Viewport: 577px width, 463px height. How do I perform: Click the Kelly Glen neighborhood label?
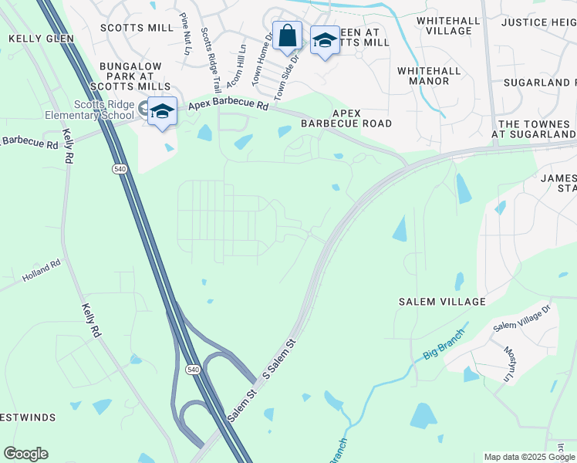click(41, 38)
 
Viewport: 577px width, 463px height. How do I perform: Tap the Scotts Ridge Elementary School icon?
click(163, 113)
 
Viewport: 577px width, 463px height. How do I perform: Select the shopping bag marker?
click(287, 36)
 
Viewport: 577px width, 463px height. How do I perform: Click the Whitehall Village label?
click(444, 25)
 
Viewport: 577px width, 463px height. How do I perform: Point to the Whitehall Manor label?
click(423, 76)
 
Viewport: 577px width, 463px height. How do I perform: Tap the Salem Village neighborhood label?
click(442, 301)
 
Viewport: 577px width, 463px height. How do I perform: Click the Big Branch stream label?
click(444, 346)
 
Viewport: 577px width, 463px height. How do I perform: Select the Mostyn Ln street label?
click(509, 363)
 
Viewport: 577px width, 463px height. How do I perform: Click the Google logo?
click(25, 454)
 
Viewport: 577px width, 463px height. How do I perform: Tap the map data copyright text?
click(529, 457)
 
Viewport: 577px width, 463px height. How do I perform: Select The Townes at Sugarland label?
click(535, 129)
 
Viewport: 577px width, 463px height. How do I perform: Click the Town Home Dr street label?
click(262, 53)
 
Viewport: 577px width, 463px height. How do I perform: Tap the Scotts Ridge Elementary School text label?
click(104, 110)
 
